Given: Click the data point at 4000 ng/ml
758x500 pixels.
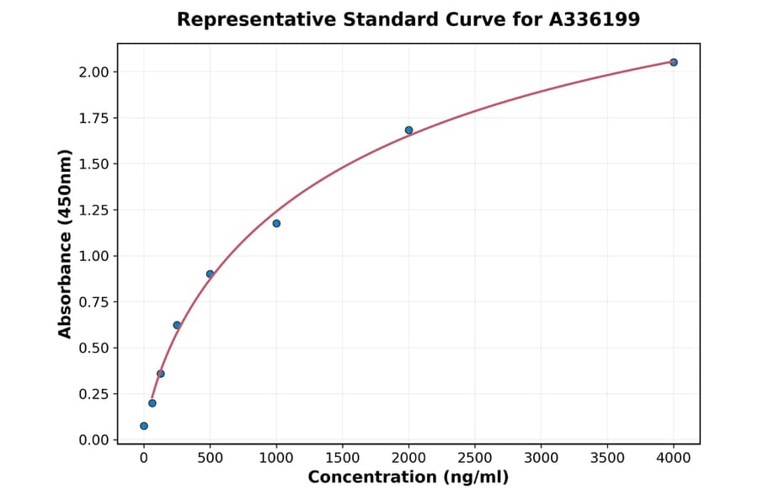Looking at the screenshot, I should (673, 62).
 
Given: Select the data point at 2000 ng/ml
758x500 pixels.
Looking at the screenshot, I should (408, 130).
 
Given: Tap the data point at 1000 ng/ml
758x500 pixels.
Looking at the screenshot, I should (276, 223).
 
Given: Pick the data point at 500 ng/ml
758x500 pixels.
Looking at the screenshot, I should (210, 274).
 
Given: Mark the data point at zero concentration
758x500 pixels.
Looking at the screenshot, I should (144, 426).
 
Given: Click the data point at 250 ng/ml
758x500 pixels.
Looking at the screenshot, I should (177, 325).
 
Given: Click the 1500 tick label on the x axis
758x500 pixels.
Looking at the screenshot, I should (342, 458).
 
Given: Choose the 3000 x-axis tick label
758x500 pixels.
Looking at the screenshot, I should (541, 458).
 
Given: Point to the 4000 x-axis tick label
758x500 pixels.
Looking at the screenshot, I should (673, 458).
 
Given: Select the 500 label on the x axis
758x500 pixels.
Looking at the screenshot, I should (210, 458).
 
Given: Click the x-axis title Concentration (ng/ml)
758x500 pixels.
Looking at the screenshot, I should (408, 478).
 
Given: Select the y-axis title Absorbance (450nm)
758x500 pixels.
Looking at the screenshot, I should (65, 244).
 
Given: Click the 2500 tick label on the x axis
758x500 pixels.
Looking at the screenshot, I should (475, 458).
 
